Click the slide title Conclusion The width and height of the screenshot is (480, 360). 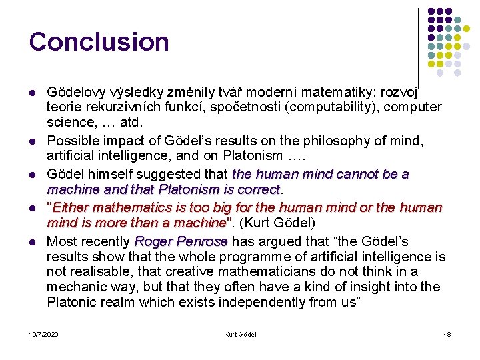[99, 41]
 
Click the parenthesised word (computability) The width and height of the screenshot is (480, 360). [347, 107]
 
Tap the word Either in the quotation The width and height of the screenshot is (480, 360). [71, 207]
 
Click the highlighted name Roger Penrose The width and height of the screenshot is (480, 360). [181, 241]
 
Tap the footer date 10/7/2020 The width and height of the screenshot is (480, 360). [43, 334]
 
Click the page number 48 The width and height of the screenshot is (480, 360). [447, 334]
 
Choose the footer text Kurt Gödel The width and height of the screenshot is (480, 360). [240, 334]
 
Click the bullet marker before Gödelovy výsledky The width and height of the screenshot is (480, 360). [33, 91]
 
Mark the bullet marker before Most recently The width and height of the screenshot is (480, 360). [33, 241]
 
